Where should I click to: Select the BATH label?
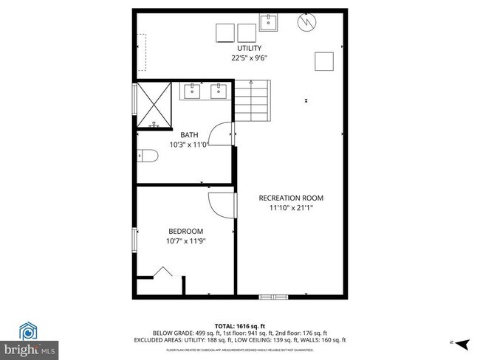pyautogui.click(x=189, y=135)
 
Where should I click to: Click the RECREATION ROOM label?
pyautogui.click(x=290, y=198)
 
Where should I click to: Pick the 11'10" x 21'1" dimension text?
pyautogui.click(x=290, y=207)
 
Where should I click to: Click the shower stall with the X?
pyautogui.click(x=154, y=105)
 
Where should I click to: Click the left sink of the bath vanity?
pyautogui.click(x=193, y=91)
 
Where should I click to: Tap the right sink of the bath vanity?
pyautogui.click(x=219, y=91)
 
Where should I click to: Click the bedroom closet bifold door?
pyautogui.click(x=162, y=273)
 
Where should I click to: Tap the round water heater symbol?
pyautogui.click(x=305, y=24)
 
